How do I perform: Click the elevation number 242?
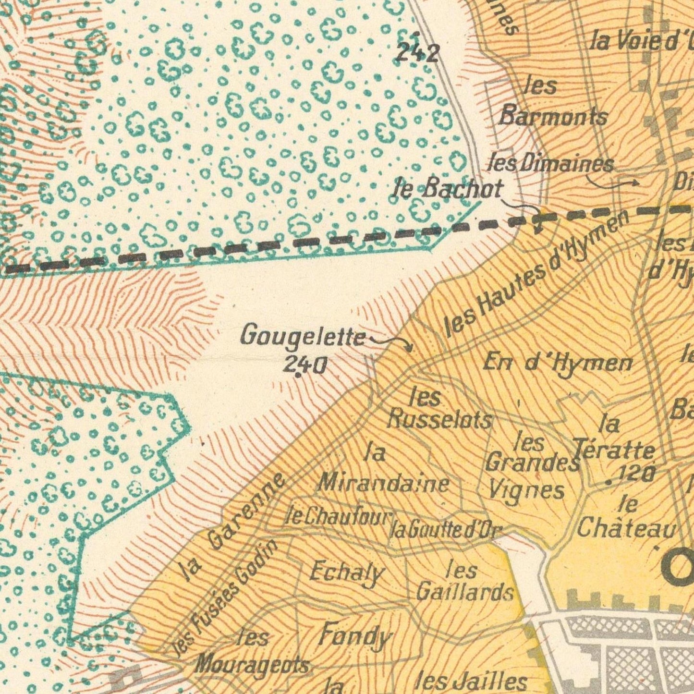tap(416, 52)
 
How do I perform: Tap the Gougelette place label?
tap(303, 336)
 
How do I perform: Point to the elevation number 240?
tap(305, 366)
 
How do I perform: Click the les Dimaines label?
tap(550, 164)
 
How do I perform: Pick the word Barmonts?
tap(553, 116)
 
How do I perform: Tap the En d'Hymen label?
tap(558, 362)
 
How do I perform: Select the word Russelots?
tap(440, 419)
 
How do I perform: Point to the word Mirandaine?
tap(384, 483)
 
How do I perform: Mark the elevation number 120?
tap(637, 474)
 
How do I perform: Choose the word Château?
tap(626, 529)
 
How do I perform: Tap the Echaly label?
tap(347, 572)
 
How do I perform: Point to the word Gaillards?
tap(464, 591)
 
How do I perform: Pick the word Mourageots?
tap(252, 665)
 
